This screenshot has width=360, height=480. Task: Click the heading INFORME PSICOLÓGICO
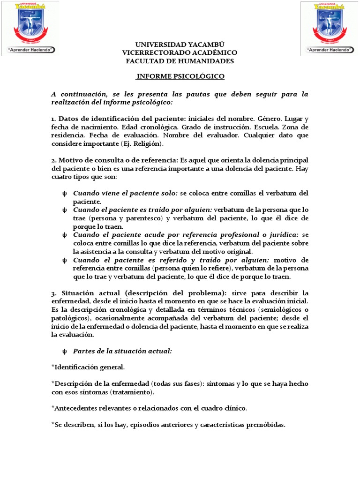(180, 76)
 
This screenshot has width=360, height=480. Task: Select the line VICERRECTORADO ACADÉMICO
(180, 52)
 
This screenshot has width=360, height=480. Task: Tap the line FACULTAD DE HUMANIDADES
(180, 61)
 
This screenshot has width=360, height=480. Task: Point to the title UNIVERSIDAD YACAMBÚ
(180, 44)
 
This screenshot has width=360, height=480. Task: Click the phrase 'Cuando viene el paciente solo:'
(125, 193)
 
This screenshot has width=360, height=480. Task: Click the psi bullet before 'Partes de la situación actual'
(65, 351)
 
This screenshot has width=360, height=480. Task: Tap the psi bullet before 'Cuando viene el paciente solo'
(65, 193)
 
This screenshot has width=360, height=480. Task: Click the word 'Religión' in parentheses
(148, 143)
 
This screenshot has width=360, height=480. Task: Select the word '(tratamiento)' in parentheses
(132, 391)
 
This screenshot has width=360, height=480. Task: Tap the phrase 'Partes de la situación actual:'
(123, 351)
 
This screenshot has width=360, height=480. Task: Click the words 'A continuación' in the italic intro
(75, 94)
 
